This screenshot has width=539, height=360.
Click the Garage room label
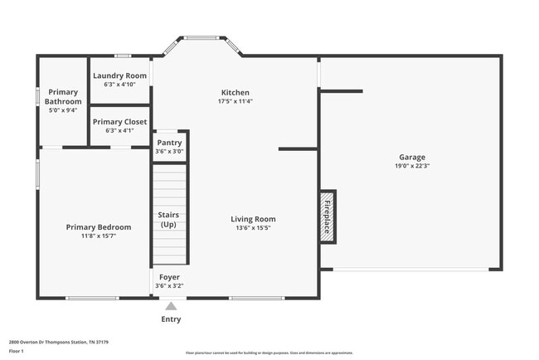click(x=413, y=157)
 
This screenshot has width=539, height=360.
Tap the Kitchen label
click(x=235, y=92)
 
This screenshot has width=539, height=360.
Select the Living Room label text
click(x=252, y=219)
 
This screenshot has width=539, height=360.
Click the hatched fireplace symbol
click(x=328, y=218)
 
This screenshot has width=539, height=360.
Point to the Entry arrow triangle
click(x=171, y=306)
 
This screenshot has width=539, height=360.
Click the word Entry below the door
click(x=171, y=319)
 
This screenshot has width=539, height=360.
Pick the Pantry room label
click(x=169, y=143)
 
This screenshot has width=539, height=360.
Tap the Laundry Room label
click(x=119, y=75)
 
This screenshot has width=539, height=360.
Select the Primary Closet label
click(x=119, y=122)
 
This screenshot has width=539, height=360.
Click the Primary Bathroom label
click(x=64, y=96)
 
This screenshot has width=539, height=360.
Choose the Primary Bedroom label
click(x=99, y=226)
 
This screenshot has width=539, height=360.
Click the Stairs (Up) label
click(x=169, y=220)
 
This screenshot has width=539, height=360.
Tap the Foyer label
click(x=168, y=277)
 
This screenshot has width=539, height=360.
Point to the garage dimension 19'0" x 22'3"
click(x=413, y=166)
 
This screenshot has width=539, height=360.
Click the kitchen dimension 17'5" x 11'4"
click(x=235, y=101)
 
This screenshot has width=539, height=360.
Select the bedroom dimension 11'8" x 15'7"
click(x=99, y=236)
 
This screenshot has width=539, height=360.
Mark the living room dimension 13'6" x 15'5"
click(x=252, y=228)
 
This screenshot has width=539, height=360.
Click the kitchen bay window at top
click(x=201, y=37)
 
